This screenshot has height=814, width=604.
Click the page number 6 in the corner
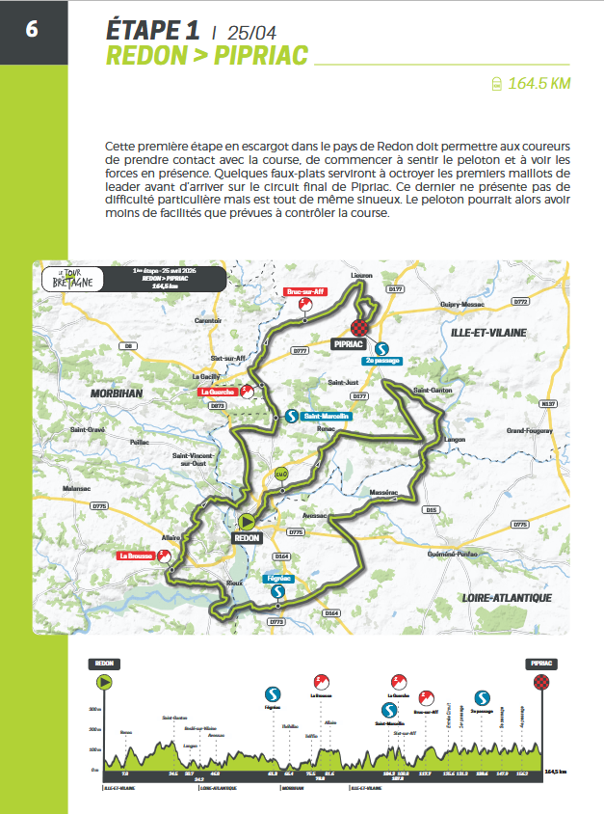coord(32,27)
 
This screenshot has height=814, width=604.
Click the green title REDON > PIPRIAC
coord(206,56)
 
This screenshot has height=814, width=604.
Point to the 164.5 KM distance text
coord(539,83)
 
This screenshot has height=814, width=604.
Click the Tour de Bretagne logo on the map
coord(67,278)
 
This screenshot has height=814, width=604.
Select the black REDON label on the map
coord(248,538)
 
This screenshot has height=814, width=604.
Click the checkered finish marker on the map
coord(363,327)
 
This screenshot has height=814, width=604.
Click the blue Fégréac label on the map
coord(276,579)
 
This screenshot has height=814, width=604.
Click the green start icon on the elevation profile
coord(105,683)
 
